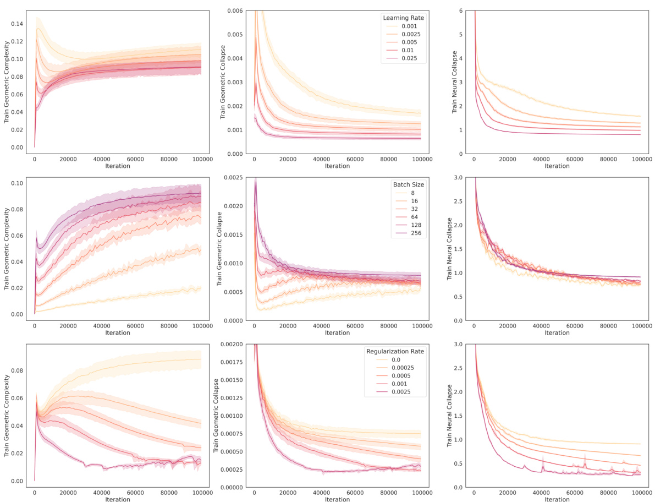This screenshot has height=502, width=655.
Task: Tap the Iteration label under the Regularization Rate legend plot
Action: pyautogui.click(x=337, y=499)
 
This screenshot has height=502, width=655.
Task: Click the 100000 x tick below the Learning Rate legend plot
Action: pyautogui.click(x=422, y=159)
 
